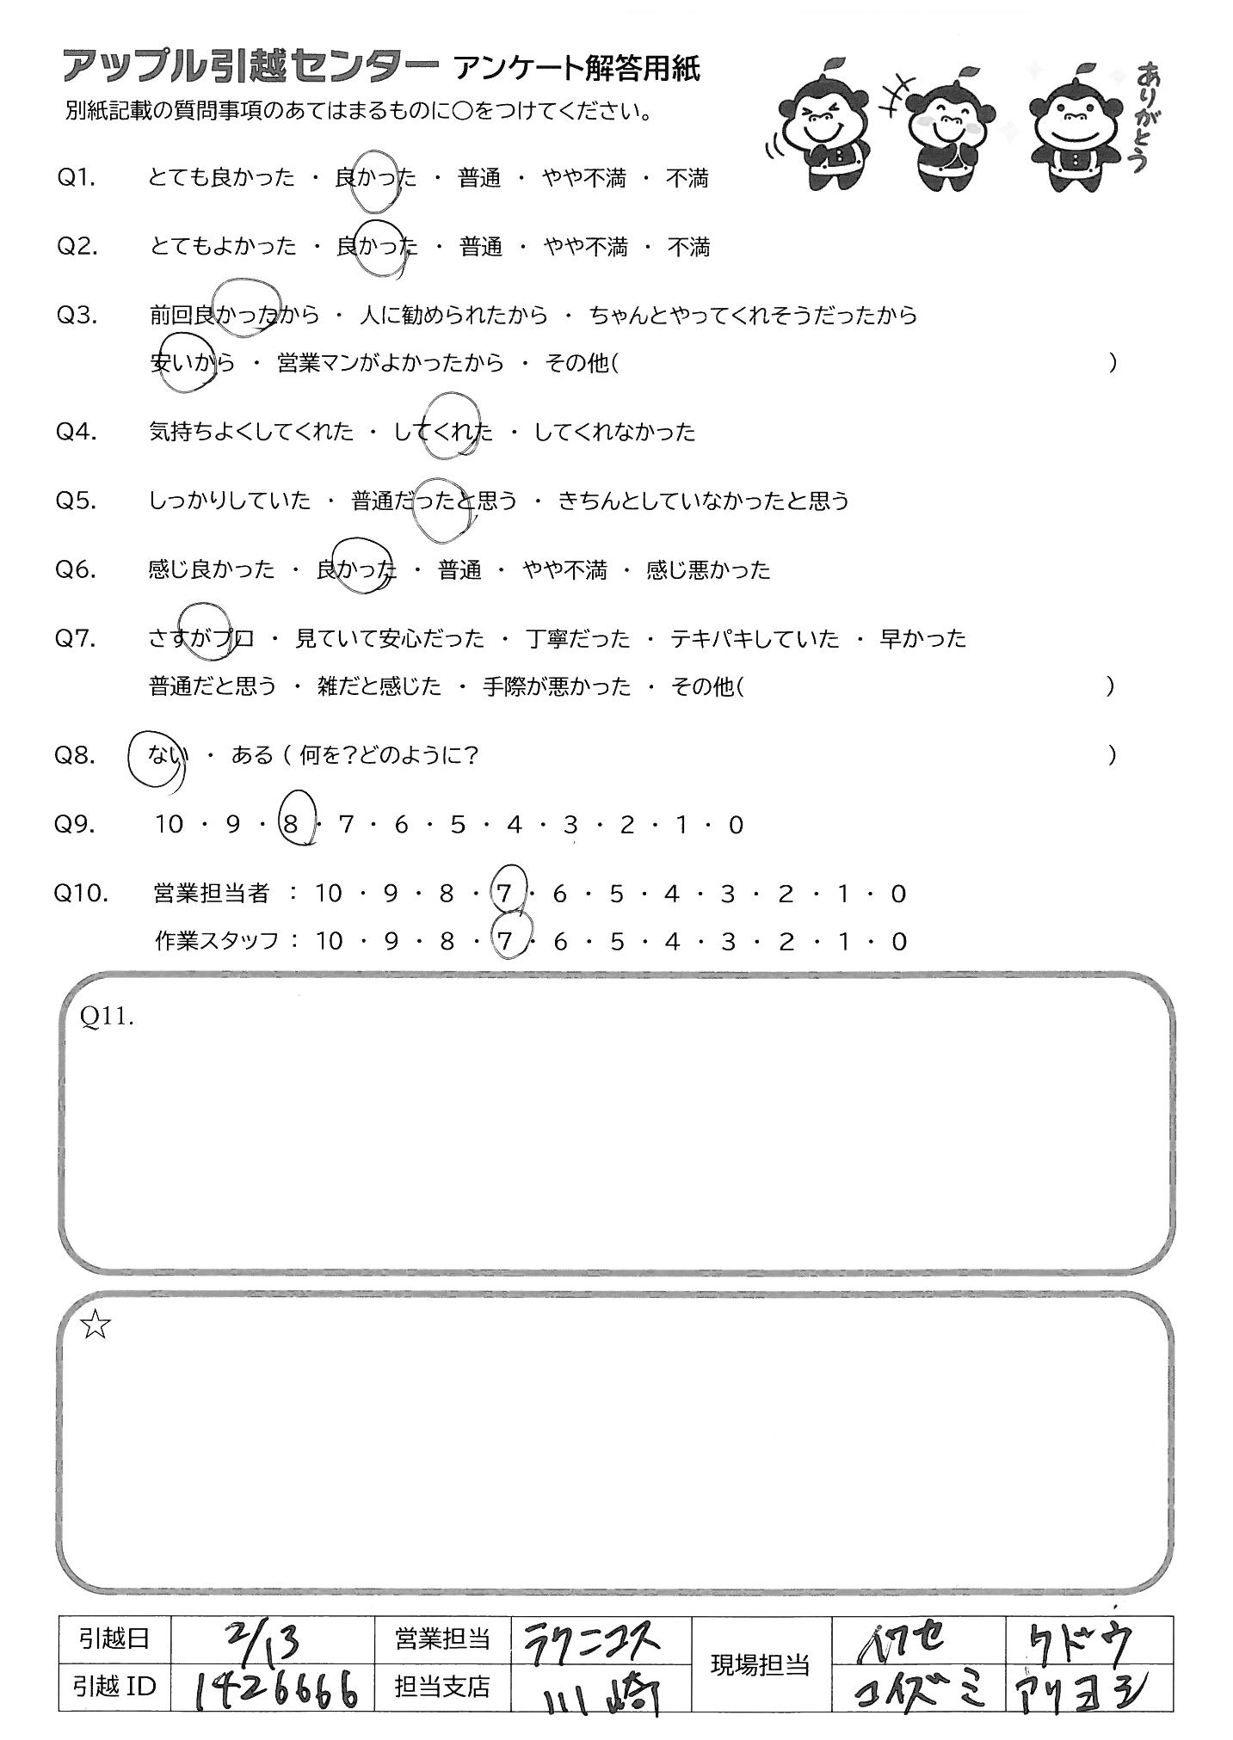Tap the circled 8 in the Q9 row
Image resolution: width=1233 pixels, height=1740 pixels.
[291, 825]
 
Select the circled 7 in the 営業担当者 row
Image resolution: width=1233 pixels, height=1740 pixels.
[505, 895]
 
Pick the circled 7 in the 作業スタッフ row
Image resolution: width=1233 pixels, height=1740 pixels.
[505, 941]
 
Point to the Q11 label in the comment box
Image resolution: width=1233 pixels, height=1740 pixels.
[107, 1017]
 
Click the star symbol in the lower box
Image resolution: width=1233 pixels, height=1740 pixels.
[96, 1325]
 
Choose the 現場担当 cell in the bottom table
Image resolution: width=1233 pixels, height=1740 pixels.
[760, 1664]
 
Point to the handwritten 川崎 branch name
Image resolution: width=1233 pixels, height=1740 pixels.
[600, 1691]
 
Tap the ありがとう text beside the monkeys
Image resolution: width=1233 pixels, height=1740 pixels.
[1144, 116]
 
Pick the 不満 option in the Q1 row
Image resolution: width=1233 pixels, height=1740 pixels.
[687, 178]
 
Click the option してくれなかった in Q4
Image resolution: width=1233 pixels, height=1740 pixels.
[614, 432]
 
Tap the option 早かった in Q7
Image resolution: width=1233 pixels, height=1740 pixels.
[922, 639]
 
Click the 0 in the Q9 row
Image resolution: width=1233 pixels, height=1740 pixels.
[735, 825]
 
